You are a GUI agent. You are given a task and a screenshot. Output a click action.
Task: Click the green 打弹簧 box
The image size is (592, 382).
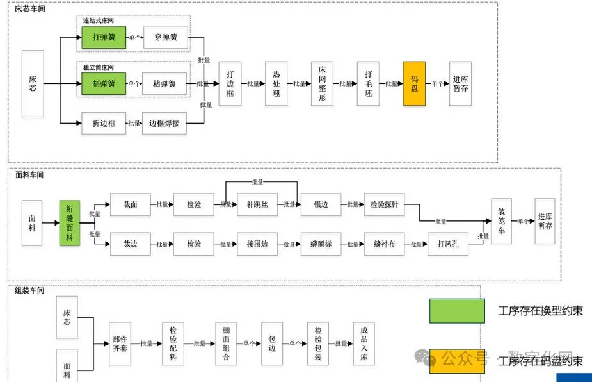pos(103,37)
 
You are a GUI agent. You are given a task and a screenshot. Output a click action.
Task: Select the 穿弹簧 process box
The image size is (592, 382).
pos(165,37)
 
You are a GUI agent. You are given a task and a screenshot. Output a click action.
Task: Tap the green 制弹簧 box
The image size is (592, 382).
pos(103,83)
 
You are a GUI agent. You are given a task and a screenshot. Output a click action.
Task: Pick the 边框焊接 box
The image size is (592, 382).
pos(164,123)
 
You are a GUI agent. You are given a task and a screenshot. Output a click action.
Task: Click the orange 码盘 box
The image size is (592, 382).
pos(414,83)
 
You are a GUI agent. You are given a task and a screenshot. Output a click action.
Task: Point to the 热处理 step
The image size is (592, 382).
pos(276,83)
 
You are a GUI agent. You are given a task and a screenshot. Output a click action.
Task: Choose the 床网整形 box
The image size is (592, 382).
pos(322,83)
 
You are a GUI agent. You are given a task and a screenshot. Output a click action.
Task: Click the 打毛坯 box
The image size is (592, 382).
pos(368,83)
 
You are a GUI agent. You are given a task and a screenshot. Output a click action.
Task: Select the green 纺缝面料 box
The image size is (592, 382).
pos(69,223)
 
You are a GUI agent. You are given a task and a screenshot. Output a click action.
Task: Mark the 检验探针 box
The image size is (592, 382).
pos(384,204)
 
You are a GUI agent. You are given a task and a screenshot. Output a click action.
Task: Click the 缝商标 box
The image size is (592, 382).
pos(321,244)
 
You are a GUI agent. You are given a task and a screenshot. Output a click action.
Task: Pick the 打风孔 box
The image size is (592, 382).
pos(447,244)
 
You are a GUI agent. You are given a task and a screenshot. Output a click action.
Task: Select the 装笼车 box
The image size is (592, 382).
pos(502,221)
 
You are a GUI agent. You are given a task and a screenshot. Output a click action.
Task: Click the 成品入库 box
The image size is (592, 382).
pos(365,344)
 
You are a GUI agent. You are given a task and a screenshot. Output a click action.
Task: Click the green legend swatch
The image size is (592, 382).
pos(457,311)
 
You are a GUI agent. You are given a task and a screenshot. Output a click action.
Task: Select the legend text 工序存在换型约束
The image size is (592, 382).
pos(540,311)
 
